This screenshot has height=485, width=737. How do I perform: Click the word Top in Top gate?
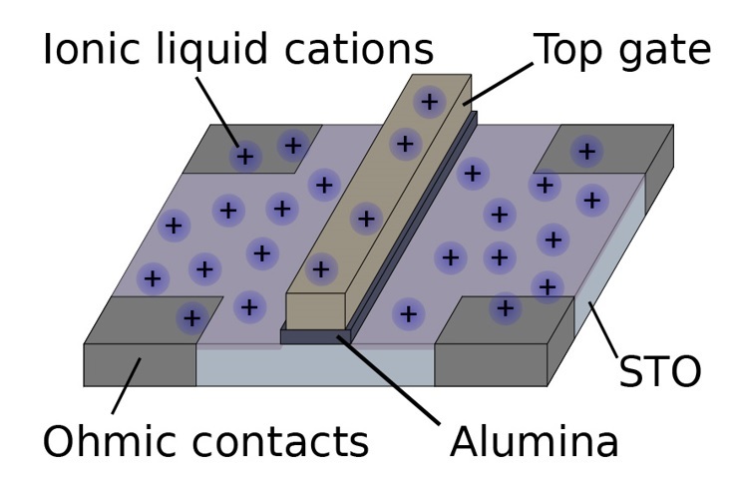572,50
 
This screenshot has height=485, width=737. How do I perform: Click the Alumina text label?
534,441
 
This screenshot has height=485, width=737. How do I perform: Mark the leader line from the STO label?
604,331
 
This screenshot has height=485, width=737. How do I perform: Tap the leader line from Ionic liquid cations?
216,111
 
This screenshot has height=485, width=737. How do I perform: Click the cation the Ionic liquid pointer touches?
244,157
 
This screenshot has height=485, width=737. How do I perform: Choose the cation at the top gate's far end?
429,101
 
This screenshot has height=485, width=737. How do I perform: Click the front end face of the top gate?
315,310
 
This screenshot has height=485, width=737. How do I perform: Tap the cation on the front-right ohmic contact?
506,308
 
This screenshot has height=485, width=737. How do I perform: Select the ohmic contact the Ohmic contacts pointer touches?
140,364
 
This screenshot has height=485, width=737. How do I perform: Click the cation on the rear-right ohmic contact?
586,152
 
